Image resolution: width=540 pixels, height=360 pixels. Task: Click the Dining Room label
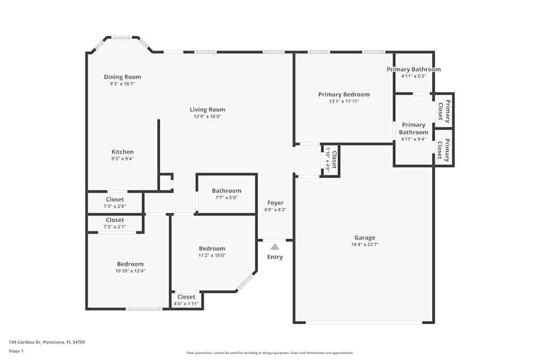(x=122, y=77)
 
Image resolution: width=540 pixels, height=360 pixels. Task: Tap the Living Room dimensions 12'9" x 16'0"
(x=207, y=117)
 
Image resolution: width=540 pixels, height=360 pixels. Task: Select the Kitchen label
(x=123, y=152)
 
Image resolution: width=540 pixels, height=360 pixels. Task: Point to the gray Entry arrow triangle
(x=275, y=247)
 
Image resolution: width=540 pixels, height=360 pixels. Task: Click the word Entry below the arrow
(x=275, y=257)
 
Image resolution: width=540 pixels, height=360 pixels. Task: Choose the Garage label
(x=364, y=237)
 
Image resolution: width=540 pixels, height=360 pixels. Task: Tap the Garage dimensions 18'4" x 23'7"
(x=364, y=244)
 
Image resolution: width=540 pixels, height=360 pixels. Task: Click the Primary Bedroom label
(x=343, y=94)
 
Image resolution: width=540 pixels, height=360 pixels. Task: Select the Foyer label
(x=275, y=203)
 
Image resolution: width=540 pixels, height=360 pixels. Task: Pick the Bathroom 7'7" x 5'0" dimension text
(x=227, y=198)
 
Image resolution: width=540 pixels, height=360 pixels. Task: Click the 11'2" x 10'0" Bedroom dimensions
(x=212, y=255)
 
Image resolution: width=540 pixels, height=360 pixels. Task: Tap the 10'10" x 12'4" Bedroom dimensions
(x=130, y=271)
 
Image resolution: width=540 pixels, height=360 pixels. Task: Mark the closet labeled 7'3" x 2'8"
(x=114, y=203)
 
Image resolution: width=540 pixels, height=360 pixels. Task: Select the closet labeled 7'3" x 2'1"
(x=114, y=223)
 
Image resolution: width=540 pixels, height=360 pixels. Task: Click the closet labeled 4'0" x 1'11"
(x=186, y=300)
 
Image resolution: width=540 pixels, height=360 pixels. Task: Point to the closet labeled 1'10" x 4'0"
(x=330, y=160)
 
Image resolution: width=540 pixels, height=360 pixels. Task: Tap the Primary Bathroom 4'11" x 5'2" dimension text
(x=414, y=76)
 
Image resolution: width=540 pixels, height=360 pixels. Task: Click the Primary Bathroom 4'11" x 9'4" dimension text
(x=414, y=139)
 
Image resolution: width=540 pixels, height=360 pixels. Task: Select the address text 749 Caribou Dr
(x=25, y=342)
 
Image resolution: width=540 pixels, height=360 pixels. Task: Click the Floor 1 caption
(x=16, y=351)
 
